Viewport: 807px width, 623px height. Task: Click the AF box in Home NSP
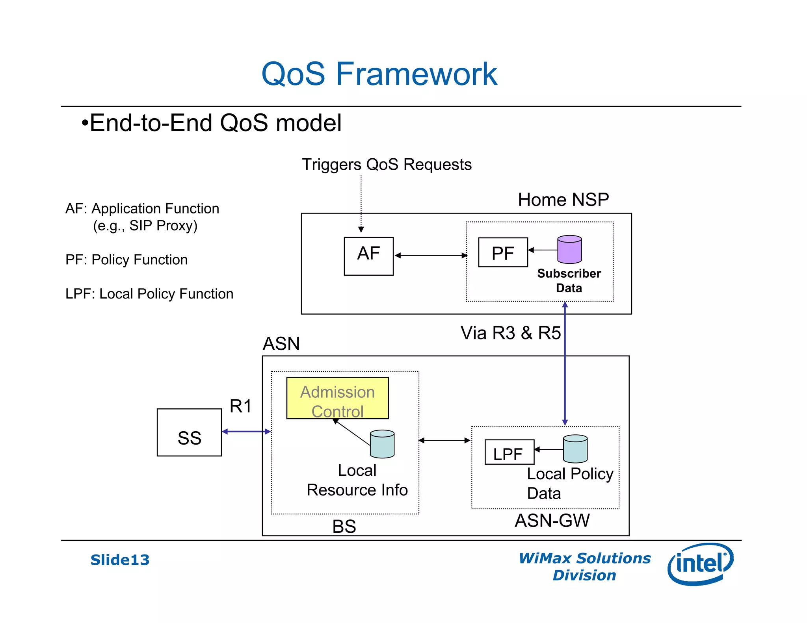[x=368, y=256]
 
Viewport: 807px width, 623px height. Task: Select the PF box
[x=503, y=252]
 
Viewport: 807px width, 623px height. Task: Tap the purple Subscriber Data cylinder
[x=569, y=250]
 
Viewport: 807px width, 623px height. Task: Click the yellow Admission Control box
[x=337, y=398]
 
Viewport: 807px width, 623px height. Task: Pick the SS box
[x=189, y=432]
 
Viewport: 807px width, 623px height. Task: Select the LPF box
[x=509, y=452]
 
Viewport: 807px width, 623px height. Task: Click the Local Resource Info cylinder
[x=382, y=444]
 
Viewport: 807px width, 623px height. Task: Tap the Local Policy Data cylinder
[x=575, y=449]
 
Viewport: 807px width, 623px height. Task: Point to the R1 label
[x=240, y=406]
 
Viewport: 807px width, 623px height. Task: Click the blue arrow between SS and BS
[x=246, y=432]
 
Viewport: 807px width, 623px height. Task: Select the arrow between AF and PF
[x=431, y=256]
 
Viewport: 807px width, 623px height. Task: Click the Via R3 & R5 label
[x=511, y=333]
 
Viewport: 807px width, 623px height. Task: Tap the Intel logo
[x=700, y=564]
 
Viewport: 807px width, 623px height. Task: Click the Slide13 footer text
[x=120, y=560]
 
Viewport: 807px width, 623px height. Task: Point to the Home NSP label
[x=563, y=200]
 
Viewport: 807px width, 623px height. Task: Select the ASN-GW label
[x=552, y=521]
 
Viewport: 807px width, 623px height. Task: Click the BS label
[x=344, y=527]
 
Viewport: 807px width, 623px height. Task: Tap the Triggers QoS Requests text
[x=387, y=165]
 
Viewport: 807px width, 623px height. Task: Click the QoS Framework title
[x=379, y=74]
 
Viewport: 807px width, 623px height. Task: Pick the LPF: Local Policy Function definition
[x=149, y=294]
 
